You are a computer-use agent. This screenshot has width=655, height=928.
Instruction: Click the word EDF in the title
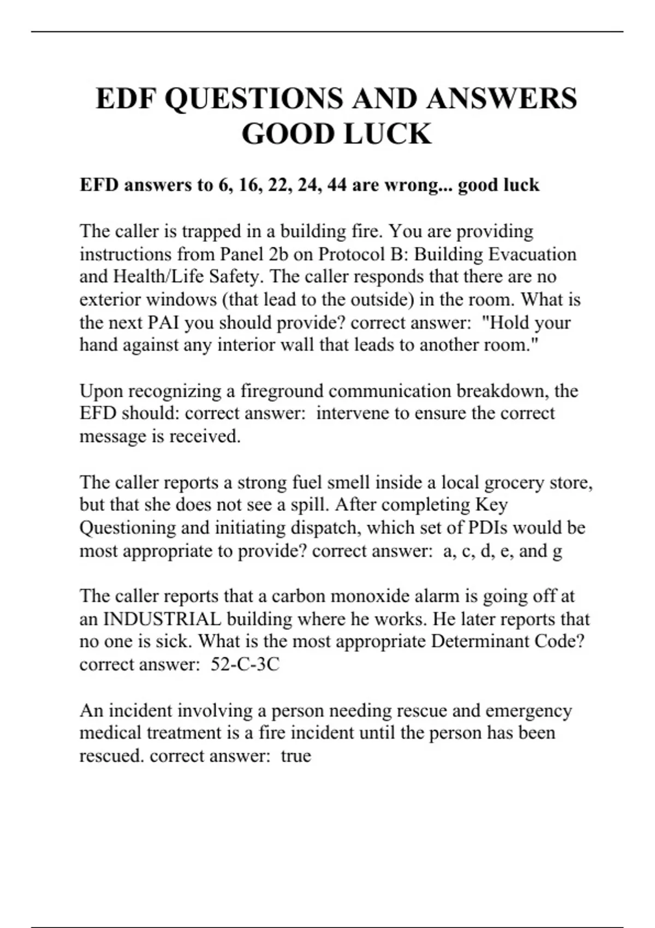[127, 99]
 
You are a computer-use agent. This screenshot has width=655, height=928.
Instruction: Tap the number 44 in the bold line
[336, 185]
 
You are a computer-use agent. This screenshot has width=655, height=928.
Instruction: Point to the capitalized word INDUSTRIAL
[162, 619]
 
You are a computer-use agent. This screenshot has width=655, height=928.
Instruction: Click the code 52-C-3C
[245, 664]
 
